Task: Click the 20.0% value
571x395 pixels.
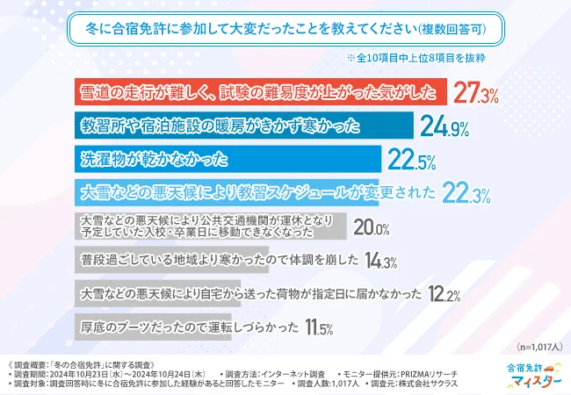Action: point(371,228)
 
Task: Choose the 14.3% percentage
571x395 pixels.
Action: point(379,261)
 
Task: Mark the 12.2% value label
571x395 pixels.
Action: point(445,295)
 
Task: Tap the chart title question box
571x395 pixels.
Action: point(285,29)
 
